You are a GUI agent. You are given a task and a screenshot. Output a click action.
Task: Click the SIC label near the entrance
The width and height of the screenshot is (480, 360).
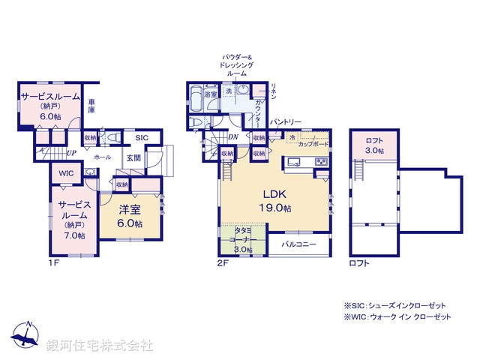[142, 138]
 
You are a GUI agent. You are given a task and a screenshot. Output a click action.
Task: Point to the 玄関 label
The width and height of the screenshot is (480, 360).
[133, 157]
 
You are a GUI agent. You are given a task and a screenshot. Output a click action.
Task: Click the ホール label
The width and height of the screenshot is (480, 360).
[103, 157]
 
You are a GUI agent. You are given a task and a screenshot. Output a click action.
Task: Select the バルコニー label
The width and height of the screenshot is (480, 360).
[298, 245]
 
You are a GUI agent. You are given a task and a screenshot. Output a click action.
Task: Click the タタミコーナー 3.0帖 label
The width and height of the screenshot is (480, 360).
[241, 240]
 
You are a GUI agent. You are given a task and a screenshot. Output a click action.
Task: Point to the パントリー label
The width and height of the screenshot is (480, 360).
[286, 121]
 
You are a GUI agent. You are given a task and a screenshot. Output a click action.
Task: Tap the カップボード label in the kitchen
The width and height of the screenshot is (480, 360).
[313, 142]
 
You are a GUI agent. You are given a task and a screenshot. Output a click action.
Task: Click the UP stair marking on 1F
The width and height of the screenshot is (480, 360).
[71, 154]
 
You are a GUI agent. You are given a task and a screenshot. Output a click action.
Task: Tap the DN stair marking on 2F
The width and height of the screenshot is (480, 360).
[232, 136]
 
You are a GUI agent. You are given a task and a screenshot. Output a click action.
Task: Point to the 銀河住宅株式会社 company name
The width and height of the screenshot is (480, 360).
[100, 346]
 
